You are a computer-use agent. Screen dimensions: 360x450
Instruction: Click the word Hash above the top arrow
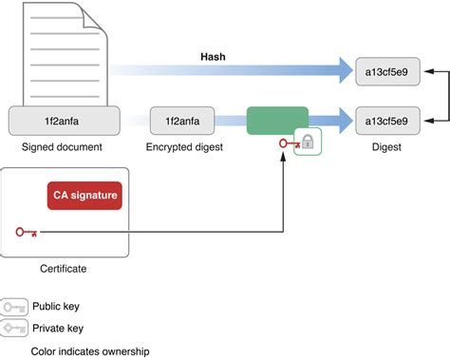pyautogui.click(x=212, y=57)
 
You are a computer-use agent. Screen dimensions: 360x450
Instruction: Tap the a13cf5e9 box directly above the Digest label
pyautogui.click(x=385, y=121)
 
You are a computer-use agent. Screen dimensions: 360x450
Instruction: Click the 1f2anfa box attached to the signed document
pyautogui.click(x=64, y=121)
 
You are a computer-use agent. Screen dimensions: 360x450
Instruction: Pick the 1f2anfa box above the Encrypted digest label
pyautogui.click(x=184, y=121)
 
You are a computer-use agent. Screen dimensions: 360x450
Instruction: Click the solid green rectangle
pyautogui.click(x=277, y=121)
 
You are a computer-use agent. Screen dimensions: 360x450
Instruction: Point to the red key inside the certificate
pyautogui.click(x=27, y=232)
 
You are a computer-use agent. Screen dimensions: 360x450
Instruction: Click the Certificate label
pyautogui.click(x=64, y=269)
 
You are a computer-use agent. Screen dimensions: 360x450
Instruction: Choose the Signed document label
pyautogui.click(x=64, y=148)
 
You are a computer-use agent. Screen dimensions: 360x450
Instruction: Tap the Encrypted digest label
pyautogui.click(x=184, y=148)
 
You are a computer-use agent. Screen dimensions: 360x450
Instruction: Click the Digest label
pyautogui.click(x=385, y=148)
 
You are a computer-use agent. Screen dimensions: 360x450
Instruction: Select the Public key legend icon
pyautogui.click(x=16, y=308)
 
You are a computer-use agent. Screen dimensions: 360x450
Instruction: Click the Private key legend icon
pyautogui.click(x=16, y=329)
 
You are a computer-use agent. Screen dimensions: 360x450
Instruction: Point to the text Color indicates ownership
pyautogui.click(x=77, y=351)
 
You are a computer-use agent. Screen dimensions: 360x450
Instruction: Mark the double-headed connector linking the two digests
pyautogui.click(x=439, y=96)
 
